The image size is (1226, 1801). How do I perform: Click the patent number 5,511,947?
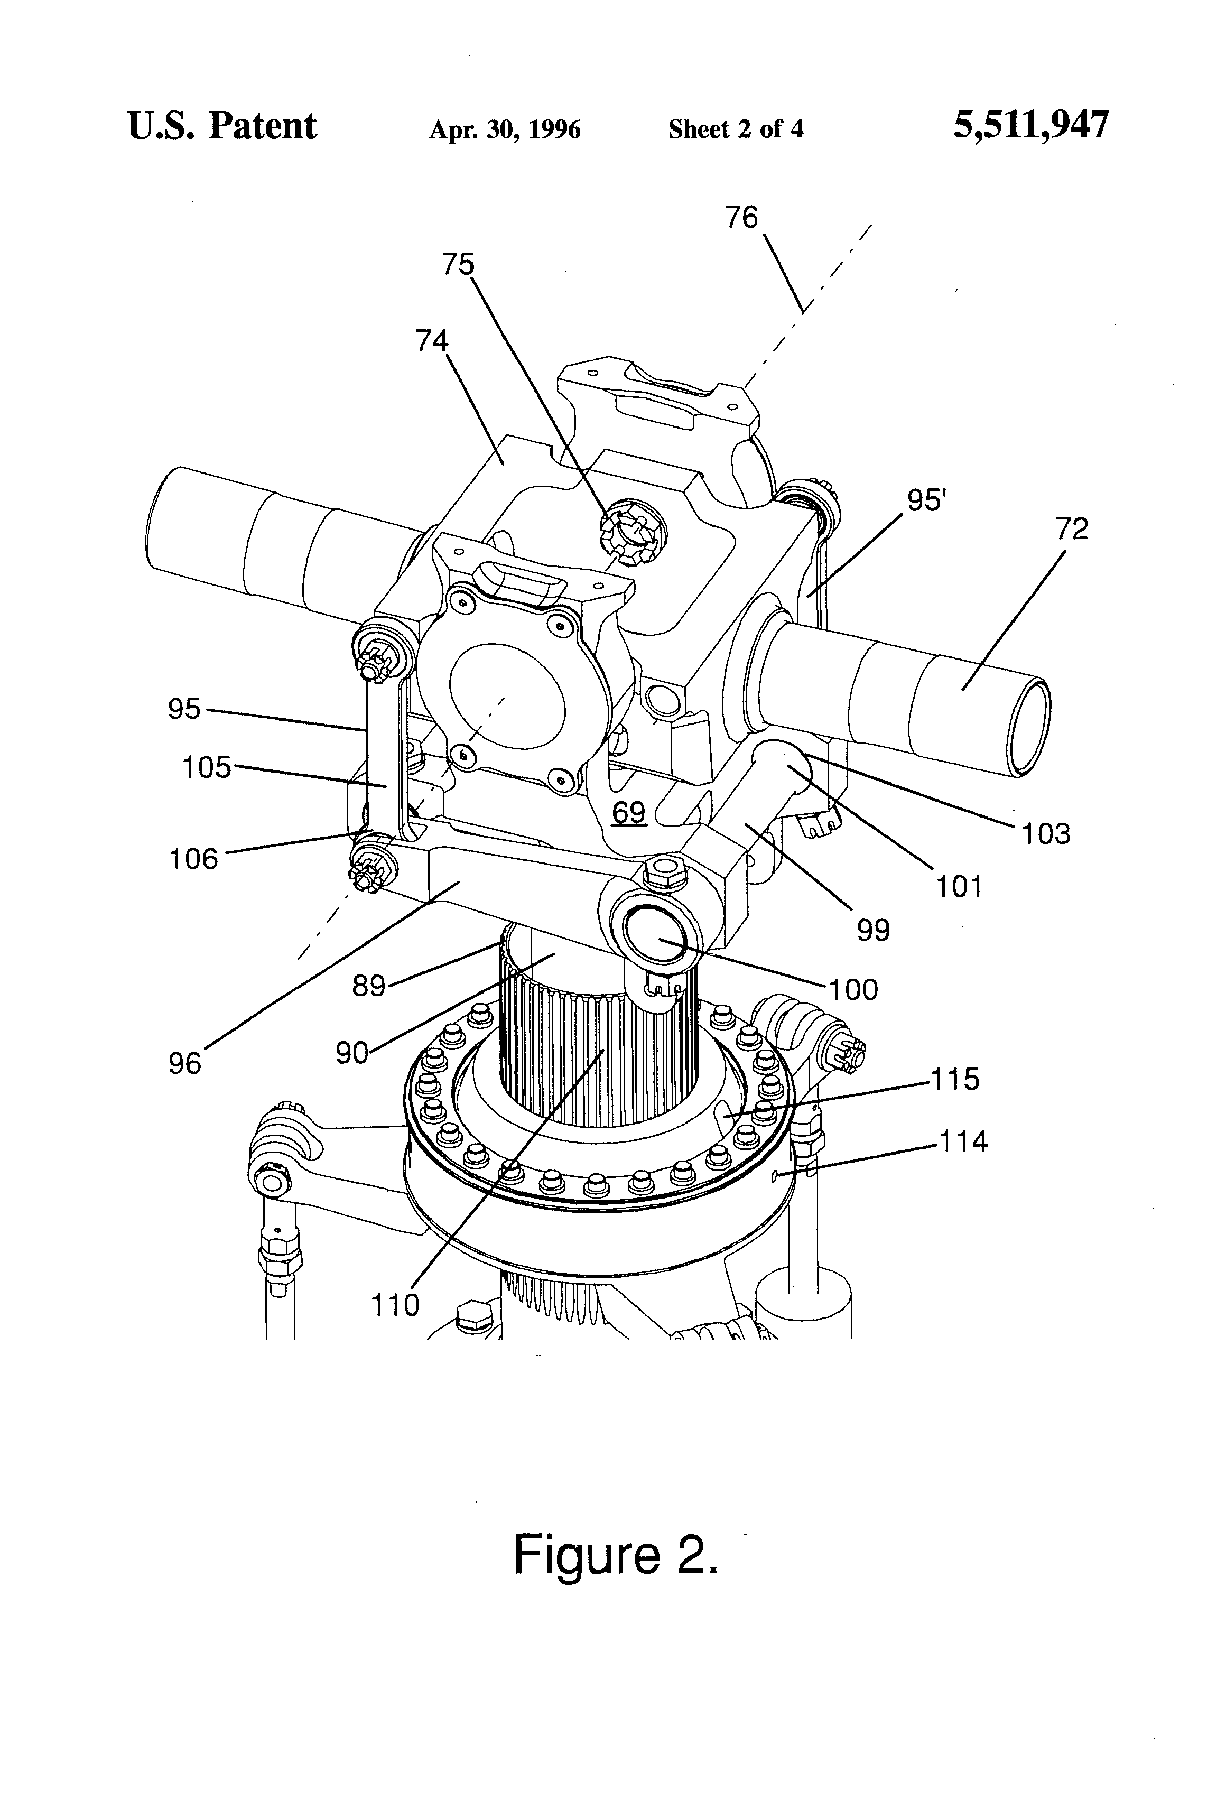(1030, 126)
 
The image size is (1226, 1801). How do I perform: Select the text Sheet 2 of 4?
(736, 128)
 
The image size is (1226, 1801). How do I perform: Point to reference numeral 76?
(741, 217)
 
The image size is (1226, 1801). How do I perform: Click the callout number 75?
(458, 264)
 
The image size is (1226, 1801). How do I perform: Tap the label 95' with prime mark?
(927, 500)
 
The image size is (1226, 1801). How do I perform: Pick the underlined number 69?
(628, 813)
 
